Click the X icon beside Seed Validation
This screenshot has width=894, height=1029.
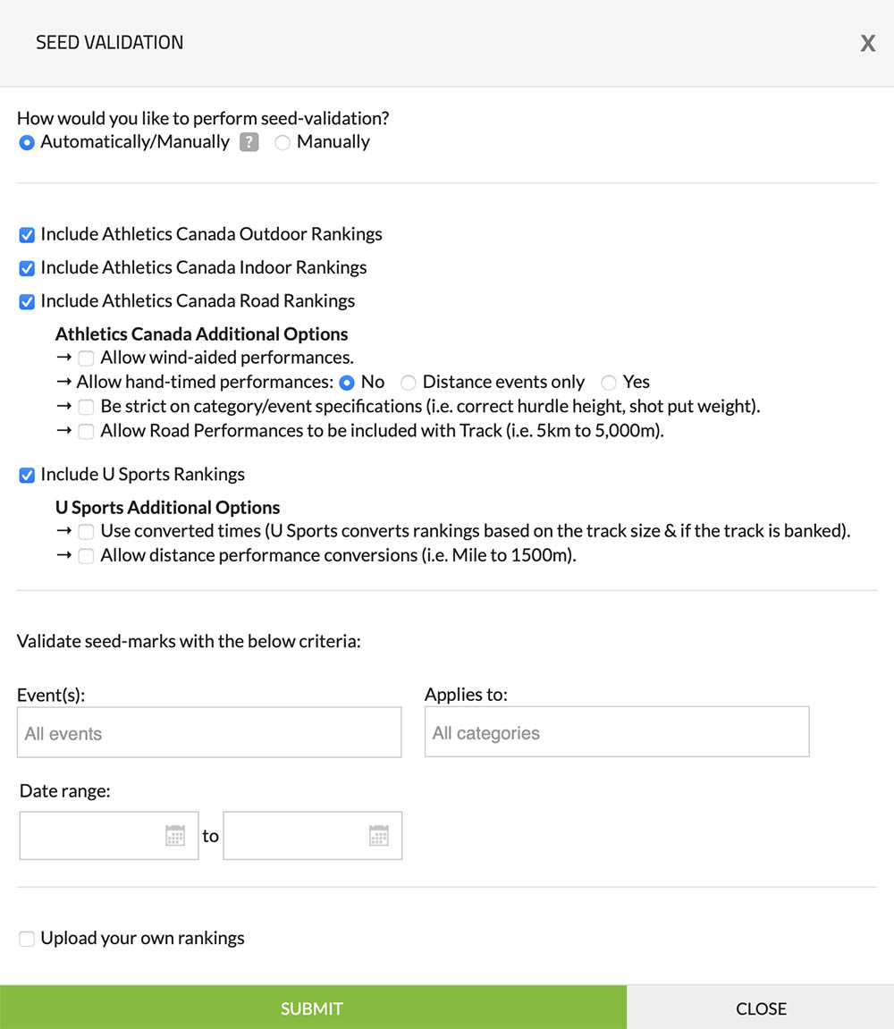tap(867, 44)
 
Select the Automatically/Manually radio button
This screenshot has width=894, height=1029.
tap(27, 142)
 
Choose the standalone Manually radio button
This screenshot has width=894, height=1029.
tap(283, 142)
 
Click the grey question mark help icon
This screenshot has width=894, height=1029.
tap(249, 142)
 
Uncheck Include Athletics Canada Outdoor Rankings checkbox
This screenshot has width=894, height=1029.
tap(27, 235)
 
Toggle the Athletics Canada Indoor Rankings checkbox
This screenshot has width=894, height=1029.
tap(27, 268)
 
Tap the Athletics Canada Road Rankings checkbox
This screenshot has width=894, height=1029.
tap(27, 301)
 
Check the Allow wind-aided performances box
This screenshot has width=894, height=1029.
tap(86, 358)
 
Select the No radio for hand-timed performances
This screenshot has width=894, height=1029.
tap(347, 383)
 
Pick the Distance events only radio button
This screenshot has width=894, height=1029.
tap(409, 383)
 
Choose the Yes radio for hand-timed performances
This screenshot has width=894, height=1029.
tap(609, 383)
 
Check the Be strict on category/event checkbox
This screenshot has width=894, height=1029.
tap(86, 407)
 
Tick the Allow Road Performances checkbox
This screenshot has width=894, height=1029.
tap(86, 432)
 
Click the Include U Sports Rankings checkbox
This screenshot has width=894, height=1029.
tap(27, 475)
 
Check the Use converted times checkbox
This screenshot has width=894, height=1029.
tap(86, 532)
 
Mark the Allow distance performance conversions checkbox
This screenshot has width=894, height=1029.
tap(86, 556)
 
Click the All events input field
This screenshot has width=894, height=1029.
tap(209, 733)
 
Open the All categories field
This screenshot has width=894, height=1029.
tap(617, 732)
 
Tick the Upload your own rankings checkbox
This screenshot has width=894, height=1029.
tap(27, 939)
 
